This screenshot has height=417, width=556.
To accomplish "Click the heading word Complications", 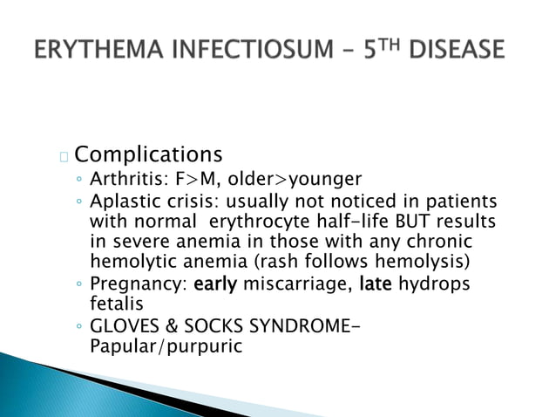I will click(148, 155).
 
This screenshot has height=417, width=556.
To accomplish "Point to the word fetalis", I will click(114, 303).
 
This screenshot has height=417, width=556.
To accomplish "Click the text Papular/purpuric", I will click(165, 345).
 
